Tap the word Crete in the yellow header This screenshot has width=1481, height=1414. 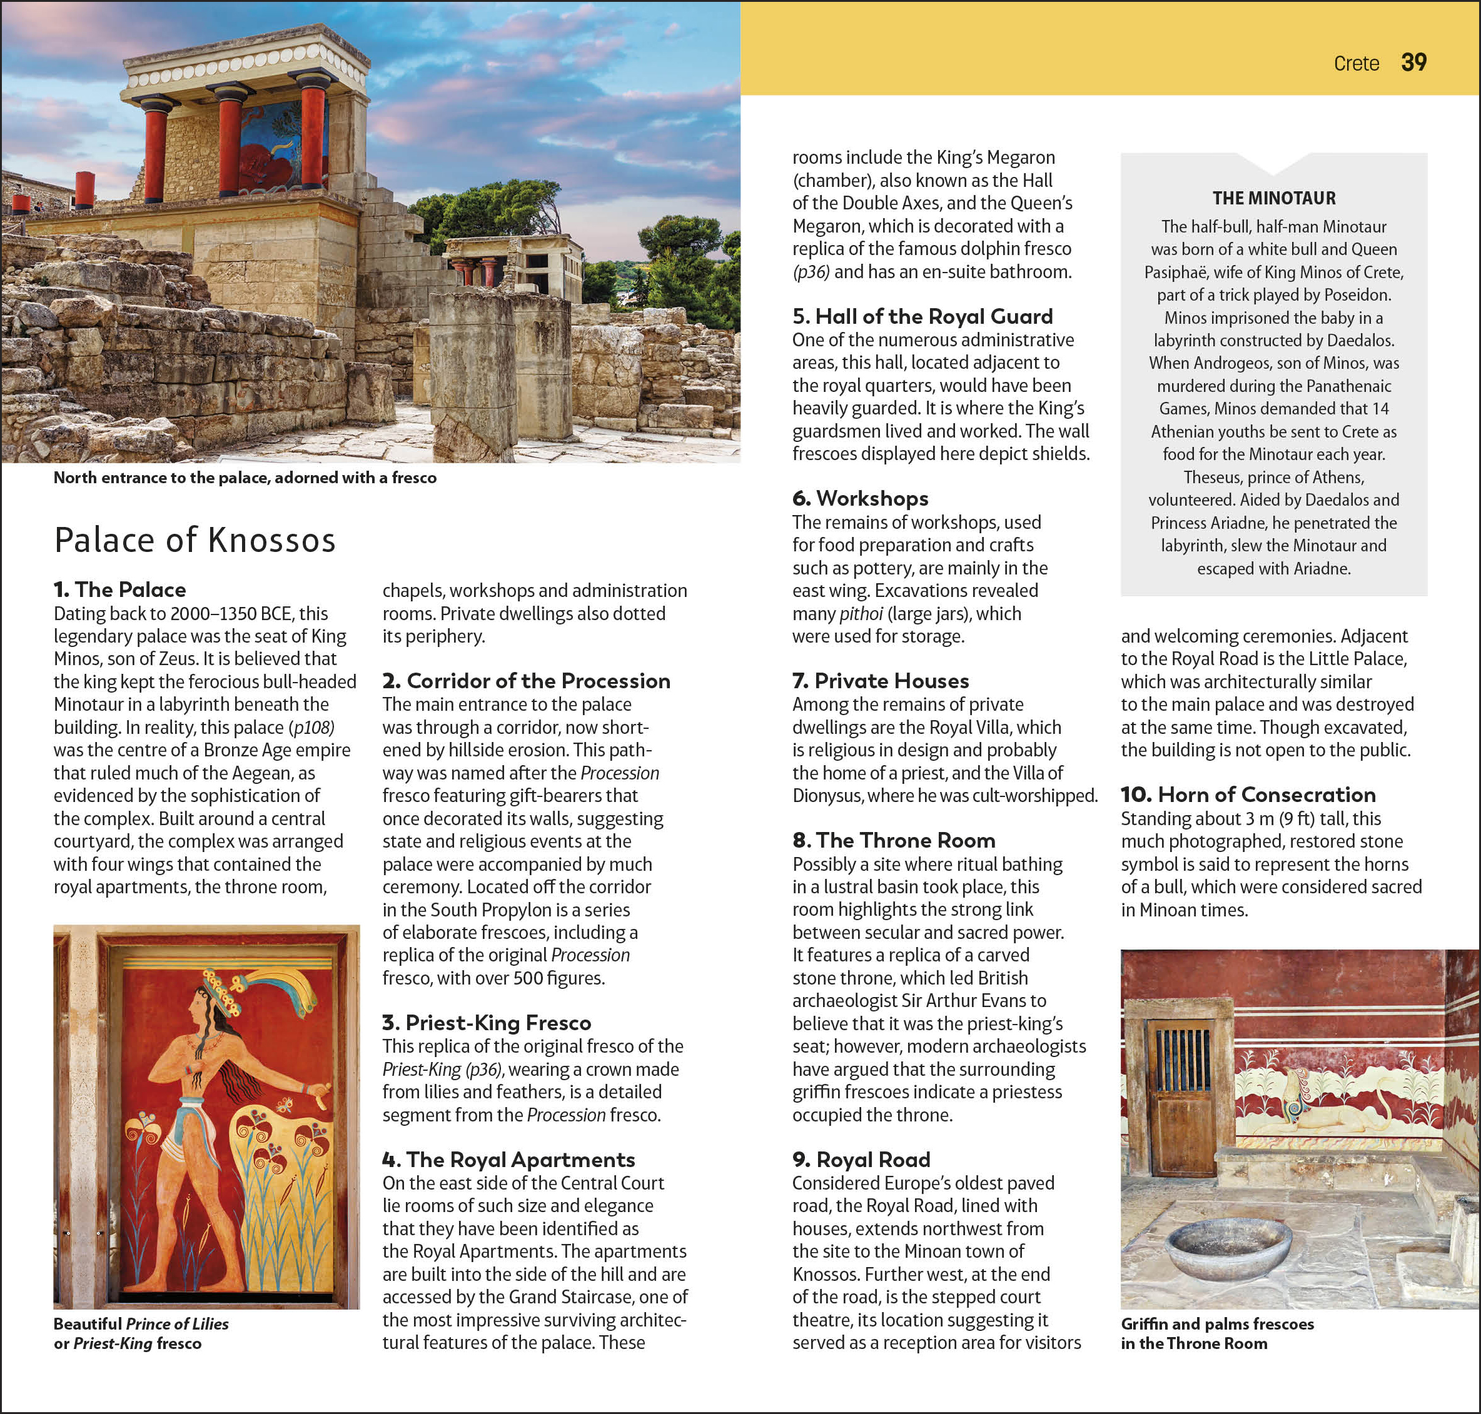point(1356,63)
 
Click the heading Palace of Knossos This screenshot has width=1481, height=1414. point(195,541)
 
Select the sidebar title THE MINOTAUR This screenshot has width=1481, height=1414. point(1273,198)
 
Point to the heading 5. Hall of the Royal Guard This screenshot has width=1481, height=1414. point(922,316)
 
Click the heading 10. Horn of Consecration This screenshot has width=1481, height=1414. point(1248,795)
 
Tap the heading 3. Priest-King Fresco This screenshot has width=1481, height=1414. point(487,1023)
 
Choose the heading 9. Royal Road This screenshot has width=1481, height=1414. point(861,1159)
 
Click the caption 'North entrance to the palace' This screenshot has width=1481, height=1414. point(245,478)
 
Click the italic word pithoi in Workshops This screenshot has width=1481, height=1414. point(861,613)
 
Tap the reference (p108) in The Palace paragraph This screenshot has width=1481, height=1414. point(311,728)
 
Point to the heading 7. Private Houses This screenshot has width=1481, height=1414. point(880,681)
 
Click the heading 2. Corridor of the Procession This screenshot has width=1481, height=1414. point(525,681)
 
